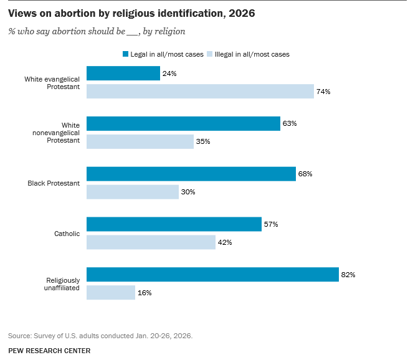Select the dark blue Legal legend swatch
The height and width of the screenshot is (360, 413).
click(125, 54)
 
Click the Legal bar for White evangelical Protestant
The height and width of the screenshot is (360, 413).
click(123, 73)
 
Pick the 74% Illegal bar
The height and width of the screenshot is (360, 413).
click(200, 91)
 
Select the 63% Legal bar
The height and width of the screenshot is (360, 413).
click(183, 123)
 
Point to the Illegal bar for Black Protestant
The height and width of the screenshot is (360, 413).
click(133, 192)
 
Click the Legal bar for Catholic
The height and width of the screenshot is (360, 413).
click(174, 224)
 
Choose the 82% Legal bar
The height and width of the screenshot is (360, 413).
click(212, 274)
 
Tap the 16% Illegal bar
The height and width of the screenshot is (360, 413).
click(111, 292)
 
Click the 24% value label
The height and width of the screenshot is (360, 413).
click(169, 73)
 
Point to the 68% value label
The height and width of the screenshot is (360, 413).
click(305, 174)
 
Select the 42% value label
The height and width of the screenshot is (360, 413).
click(225, 242)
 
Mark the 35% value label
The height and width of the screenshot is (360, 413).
click(203, 141)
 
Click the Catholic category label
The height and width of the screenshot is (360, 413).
click(67, 234)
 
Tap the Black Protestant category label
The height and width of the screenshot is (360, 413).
click(54, 183)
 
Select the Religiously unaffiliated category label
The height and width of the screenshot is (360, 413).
click(63, 283)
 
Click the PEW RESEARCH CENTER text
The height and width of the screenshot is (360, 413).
click(49, 351)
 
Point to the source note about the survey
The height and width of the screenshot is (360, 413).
click(100, 336)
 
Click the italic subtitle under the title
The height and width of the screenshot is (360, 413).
click(97, 31)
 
